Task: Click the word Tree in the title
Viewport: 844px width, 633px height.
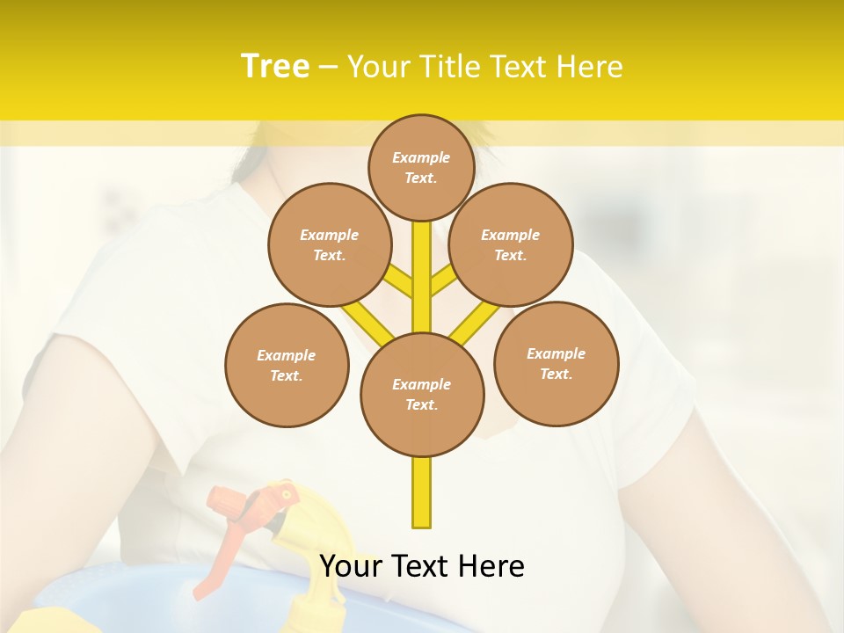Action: (x=275, y=66)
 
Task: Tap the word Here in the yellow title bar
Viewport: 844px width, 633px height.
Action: (x=589, y=67)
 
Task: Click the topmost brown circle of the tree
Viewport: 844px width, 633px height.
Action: (x=421, y=167)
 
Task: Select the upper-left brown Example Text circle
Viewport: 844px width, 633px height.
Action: (x=330, y=244)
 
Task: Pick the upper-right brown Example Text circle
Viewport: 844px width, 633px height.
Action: (x=511, y=244)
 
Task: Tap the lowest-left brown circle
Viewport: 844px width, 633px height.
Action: (x=287, y=365)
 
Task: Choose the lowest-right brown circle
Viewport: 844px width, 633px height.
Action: (x=557, y=363)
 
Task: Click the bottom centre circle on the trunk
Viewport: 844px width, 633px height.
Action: (x=422, y=394)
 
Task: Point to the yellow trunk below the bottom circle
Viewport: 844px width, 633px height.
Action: (x=422, y=492)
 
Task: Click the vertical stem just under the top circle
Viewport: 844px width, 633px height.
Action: (x=422, y=264)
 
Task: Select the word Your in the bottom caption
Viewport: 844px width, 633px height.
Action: (x=350, y=566)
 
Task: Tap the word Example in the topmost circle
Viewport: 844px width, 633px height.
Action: (x=421, y=157)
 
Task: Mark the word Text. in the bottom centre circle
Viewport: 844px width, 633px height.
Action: (x=421, y=404)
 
